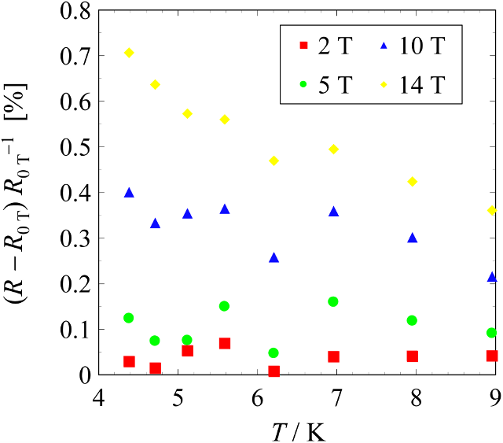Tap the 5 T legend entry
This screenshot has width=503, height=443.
click(323, 82)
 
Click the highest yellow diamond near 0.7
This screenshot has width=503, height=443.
click(129, 53)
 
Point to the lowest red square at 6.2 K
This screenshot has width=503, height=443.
click(274, 371)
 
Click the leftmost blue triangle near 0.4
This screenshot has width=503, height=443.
click(129, 193)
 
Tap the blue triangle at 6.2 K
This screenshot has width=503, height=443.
click(274, 257)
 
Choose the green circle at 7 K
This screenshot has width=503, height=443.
click(333, 301)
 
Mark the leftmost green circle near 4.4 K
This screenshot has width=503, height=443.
click(129, 318)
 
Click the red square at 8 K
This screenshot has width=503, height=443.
click(413, 356)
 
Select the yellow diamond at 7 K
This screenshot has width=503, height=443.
click(333, 149)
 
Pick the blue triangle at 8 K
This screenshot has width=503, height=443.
click(413, 238)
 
